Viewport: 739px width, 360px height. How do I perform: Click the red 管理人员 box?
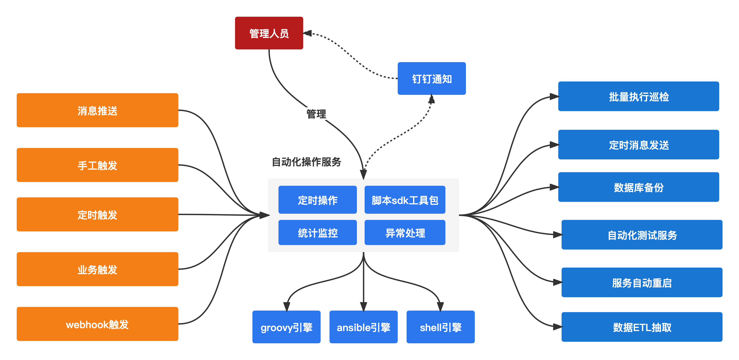point(269,33)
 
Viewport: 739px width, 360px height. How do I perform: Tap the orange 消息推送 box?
point(97,110)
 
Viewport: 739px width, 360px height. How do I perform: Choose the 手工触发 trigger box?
point(97,165)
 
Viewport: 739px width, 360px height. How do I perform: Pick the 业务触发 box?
point(97,269)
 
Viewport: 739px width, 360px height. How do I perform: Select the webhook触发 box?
point(97,324)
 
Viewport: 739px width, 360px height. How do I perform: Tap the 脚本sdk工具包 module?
point(405,200)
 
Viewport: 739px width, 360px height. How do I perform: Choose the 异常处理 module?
point(405,232)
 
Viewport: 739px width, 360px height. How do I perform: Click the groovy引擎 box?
point(286,327)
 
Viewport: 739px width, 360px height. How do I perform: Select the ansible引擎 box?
point(363,327)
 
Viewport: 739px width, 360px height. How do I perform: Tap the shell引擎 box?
point(440,327)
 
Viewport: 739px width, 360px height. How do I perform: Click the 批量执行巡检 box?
point(639,96)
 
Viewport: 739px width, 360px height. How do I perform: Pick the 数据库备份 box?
point(639,187)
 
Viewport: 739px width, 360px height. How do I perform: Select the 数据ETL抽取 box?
point(642,327)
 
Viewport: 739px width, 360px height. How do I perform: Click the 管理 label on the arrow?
point(316,114)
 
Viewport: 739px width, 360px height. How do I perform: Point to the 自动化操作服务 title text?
point(306,162)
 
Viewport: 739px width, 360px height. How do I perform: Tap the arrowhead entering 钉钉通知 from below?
point(431,99)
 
